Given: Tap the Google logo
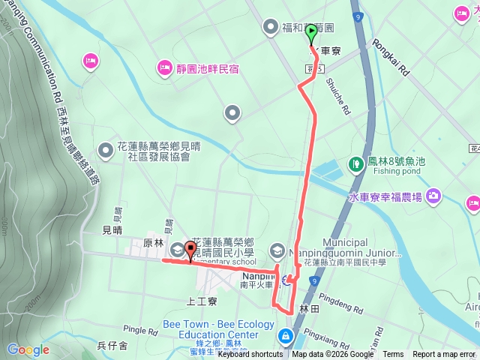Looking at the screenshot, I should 28,349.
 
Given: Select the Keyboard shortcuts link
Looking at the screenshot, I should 250,355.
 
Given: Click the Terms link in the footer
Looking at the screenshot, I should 393,355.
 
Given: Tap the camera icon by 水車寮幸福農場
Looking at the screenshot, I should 433,196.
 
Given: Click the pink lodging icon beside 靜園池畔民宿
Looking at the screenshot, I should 165,70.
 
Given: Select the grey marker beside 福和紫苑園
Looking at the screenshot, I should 270,28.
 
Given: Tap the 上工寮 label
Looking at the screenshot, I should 202,301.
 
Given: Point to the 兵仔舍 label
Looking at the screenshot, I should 112,345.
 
